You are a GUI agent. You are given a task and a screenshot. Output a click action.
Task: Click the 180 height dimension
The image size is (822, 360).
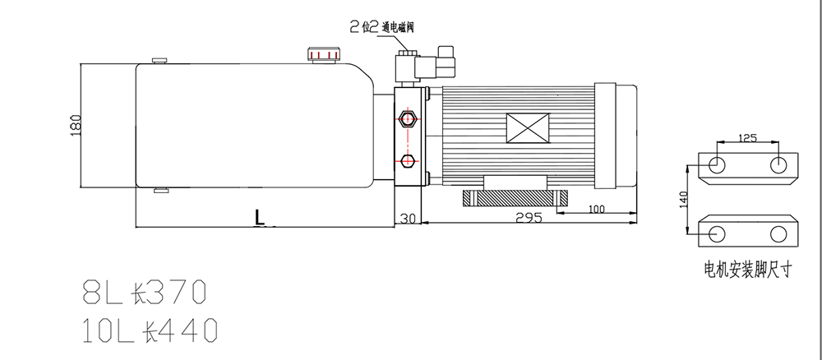76,125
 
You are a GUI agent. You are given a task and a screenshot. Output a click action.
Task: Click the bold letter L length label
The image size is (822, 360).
260,217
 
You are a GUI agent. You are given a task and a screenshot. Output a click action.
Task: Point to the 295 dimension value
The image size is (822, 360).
529,218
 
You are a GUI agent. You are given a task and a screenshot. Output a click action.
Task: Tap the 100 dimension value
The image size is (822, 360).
596,209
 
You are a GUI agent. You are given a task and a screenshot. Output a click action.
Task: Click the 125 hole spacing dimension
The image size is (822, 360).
747,138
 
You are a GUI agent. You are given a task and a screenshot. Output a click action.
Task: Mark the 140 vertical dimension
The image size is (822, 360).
683,200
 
